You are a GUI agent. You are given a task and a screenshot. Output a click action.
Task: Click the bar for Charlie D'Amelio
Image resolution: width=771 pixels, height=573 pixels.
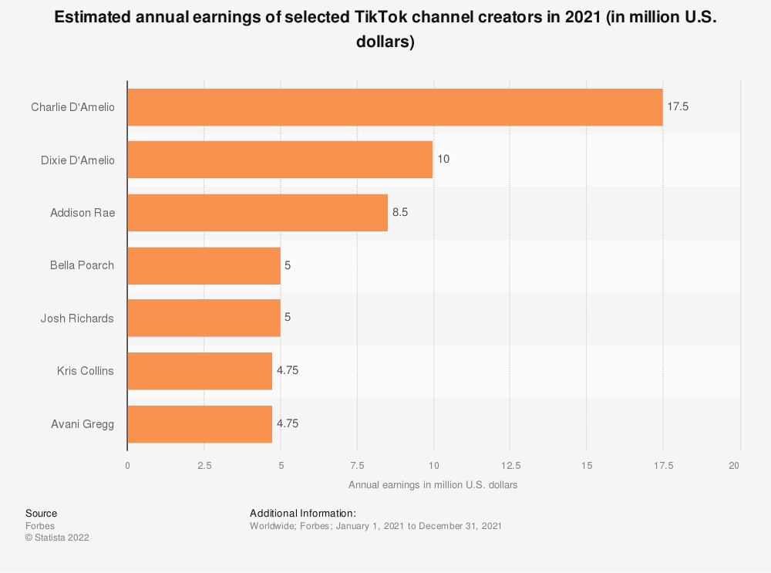coord(395,107)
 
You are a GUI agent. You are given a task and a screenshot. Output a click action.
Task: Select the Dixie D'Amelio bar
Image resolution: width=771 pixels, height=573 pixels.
coord(280,160)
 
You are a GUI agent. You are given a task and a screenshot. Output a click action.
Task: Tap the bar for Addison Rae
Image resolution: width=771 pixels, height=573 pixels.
coord(258,212)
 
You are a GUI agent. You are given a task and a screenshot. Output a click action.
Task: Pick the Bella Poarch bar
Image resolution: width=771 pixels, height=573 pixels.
coord(204,265)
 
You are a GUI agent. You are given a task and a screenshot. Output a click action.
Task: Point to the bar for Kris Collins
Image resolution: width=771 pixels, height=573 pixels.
coord(200,371)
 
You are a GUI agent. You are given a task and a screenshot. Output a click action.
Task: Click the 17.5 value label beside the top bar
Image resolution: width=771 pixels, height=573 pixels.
coord(678,107)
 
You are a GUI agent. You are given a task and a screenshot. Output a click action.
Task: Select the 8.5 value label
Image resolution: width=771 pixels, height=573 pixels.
coord(399,212)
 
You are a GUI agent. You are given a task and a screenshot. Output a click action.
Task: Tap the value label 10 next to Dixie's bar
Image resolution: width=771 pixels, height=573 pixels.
coord(443,160)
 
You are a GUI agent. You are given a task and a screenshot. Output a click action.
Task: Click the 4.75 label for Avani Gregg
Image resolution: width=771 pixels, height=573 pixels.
coord(288,423)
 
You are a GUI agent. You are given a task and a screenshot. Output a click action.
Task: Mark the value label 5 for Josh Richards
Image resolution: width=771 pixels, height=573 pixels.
coord(288,318)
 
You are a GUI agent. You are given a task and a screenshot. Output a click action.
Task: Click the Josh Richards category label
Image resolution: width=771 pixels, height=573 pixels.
coord(77,318)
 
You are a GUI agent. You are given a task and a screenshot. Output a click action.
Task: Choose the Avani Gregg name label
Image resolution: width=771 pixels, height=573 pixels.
coord(82,423)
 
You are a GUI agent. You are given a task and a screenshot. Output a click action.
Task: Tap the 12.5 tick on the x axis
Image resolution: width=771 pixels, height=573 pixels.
coord(510,465)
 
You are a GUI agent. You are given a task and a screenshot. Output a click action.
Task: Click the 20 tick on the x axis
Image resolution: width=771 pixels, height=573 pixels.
coord(734,465)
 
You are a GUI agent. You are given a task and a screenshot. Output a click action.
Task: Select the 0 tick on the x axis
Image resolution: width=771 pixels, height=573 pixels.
coord(127,465)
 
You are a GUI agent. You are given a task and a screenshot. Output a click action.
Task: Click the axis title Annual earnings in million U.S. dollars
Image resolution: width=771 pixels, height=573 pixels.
coord(433,485)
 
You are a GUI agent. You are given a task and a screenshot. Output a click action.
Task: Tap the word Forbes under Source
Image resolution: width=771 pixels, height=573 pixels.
coord(39,526)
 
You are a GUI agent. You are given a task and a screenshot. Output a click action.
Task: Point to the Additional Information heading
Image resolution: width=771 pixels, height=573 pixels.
coord(303,513)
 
